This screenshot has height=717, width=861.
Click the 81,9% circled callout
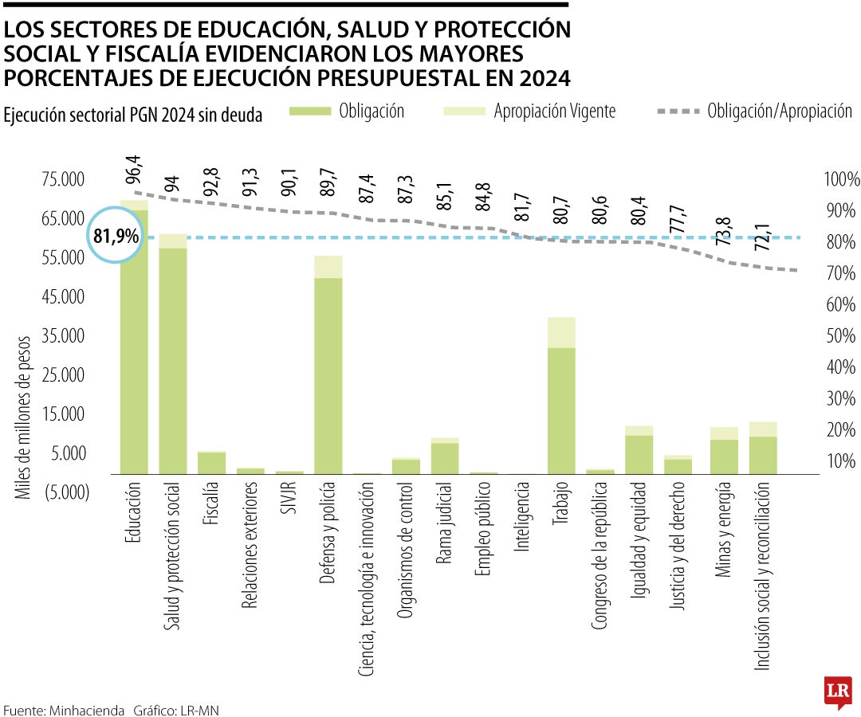pyautogui.click(x=116, y=237)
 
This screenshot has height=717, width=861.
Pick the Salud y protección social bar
pyautogui.click(x=172, y=358)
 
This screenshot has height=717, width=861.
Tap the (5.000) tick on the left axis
pyautogui.click(x=62, y=492)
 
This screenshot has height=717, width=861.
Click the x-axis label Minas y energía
pyautogui.click(x=724, y=531)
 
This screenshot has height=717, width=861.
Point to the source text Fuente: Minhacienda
pyautogui.click(x=64, y=709)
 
